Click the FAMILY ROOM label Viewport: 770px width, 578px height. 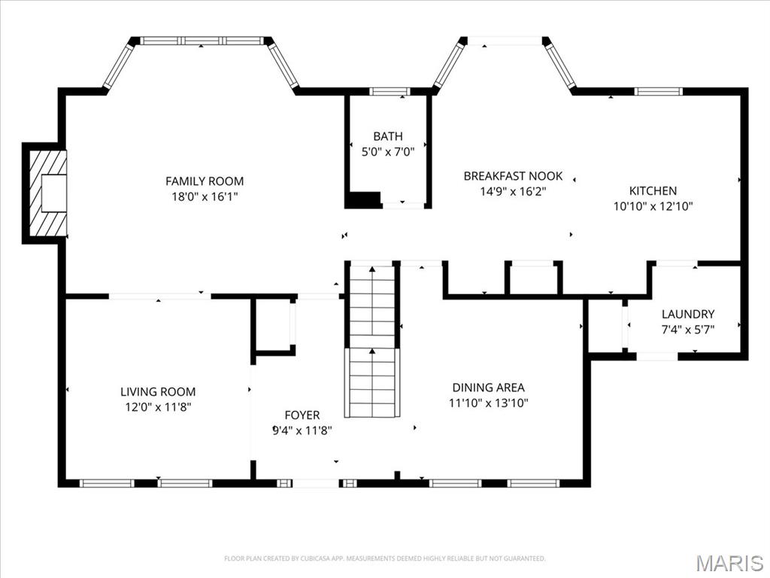(205, 181)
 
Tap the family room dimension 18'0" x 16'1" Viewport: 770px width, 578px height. (205, 196)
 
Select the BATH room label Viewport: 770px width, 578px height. (388, 136)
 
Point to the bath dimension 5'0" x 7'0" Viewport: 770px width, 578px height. (388, 151)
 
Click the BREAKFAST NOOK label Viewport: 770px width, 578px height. (513, 176)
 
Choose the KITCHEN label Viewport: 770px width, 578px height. (653, 191)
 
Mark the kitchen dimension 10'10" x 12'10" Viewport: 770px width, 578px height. (653, 206)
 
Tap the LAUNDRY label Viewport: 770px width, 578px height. (688, 314)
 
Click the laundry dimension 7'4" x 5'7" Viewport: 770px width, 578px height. (688, 329)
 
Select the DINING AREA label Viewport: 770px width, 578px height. (489, 388)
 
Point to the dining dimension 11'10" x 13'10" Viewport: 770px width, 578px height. (489, 403)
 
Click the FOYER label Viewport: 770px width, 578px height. (302, 415)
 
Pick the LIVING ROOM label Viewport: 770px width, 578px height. (158, 392)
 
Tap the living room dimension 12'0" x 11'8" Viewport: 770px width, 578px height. (158, 407)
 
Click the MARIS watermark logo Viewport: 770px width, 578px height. (729, 562)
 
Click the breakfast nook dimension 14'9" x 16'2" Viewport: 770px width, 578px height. (513, 191)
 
